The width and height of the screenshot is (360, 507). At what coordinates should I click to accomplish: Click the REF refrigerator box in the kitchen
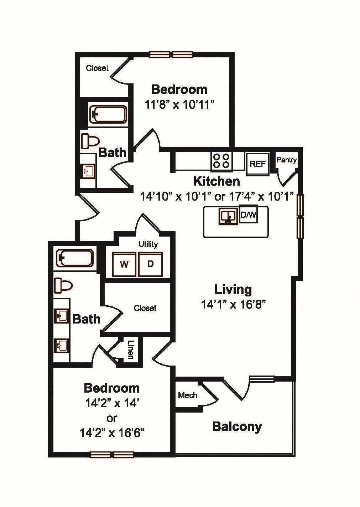pyautogui.click(x=258, y=164)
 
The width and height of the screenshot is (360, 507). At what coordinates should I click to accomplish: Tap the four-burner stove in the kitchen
pyautogui.click(x=221, y=160)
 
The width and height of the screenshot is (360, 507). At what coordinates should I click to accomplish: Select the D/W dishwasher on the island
pyautogui.click(x=249, y=215)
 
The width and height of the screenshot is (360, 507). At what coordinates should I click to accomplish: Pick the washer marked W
pyautogui.click(x=124, y=264)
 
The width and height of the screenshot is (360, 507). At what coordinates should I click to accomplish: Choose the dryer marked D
pyautogui.click(x=151, y=264)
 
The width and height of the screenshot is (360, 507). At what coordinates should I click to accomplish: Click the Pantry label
pyautogui.click(x=287, y=160)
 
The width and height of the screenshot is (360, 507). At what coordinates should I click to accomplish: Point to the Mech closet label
pyautogui.click(x=188, y=395)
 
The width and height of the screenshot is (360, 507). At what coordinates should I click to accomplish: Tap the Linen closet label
pyautogui.click(x=130, y=350)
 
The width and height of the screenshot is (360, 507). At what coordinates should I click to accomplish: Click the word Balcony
pyautogui.click(x=237, y=426)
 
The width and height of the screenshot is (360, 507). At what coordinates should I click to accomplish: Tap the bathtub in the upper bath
pyautogui.click(x=108, y=114)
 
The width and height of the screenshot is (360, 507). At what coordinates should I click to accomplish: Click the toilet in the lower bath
pyautogui.click(x=63, y=285)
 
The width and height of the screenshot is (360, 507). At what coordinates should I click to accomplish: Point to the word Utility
pyautogui.click(x=148, y=244)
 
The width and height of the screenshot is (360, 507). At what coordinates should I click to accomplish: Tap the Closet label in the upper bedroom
pyautogui.click(x=97, y=68)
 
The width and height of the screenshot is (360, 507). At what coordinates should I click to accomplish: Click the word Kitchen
pyautogui.click(x=216, y=181)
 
